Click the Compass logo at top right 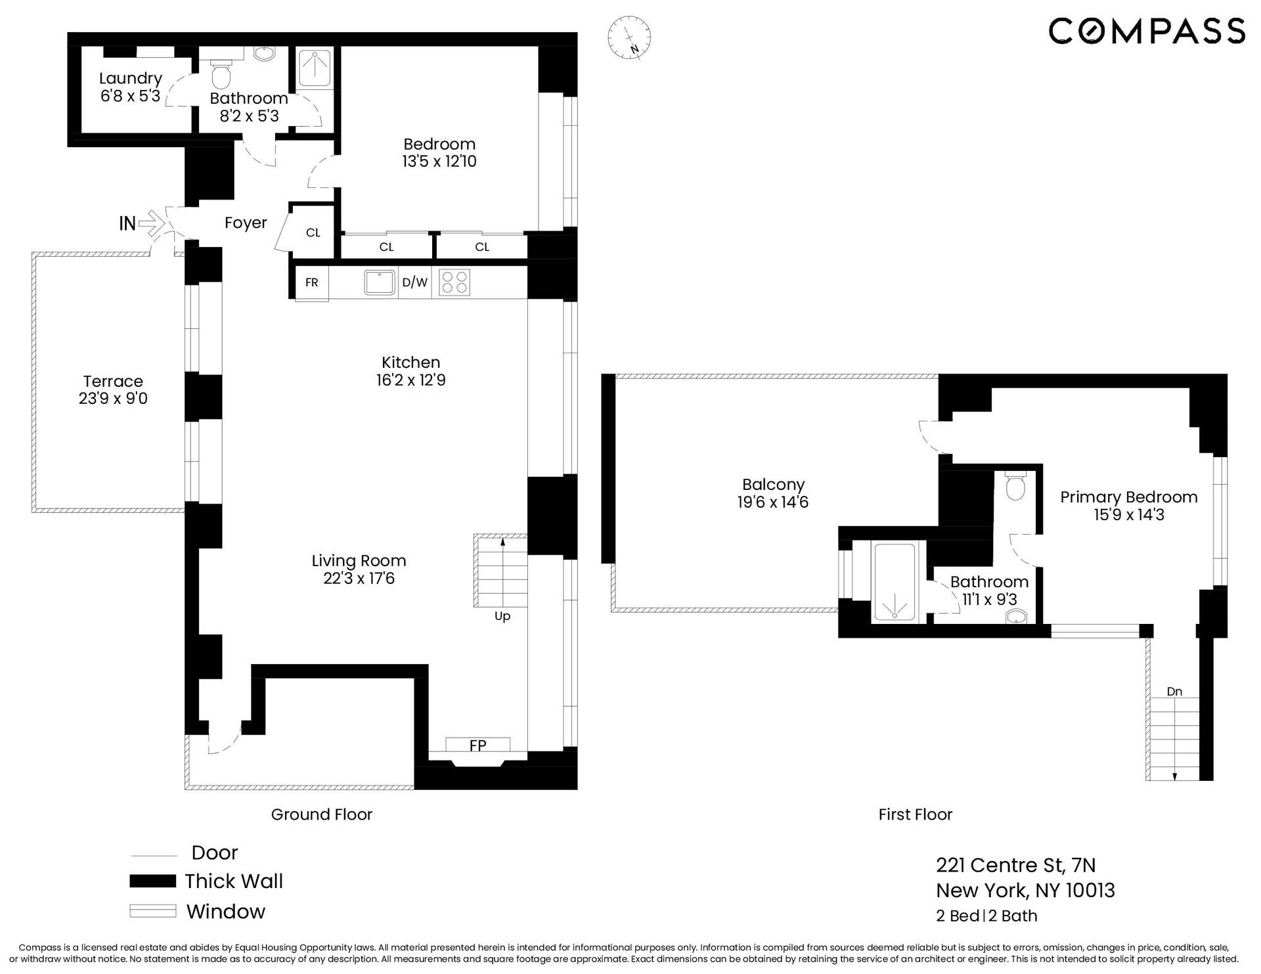coord(1146,31)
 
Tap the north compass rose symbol coord(629,37)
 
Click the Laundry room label coord(131,79)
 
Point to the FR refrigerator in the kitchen coord(312,282)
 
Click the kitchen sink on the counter coord(380,282)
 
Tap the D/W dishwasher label coord(414,282)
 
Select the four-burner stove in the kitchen coord(454,282)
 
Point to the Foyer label coord(246,223)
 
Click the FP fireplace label coord(477,745)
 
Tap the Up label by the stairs coord(502,616)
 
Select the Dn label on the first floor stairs coord(1174,692)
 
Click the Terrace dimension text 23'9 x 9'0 coord(113,399)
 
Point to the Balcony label coord(773,485)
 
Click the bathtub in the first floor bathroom coord(894,582)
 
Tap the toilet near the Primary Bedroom coord(1016,485)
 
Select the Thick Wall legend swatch coord(152,881)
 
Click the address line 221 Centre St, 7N coord(1015,865)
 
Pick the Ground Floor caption coord(322,814)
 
